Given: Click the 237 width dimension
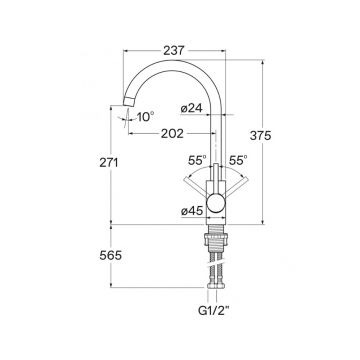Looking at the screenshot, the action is click(x=174, y=51).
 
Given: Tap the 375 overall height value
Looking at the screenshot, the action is click(x=261, y=135).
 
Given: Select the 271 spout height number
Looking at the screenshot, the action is click(x=109, y=162).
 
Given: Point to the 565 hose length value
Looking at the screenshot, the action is click(x=111, y=256).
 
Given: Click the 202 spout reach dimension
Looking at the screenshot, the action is click(x=172, y=134).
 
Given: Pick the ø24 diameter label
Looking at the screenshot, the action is click(x=191, y=109).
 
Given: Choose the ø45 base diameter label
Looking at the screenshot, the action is click(x=192, y=211).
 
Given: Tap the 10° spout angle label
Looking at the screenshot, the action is click(x=145, y=117).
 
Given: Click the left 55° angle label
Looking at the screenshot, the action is click(x=197, y=160).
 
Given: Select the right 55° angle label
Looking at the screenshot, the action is click(x=238, y=160).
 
